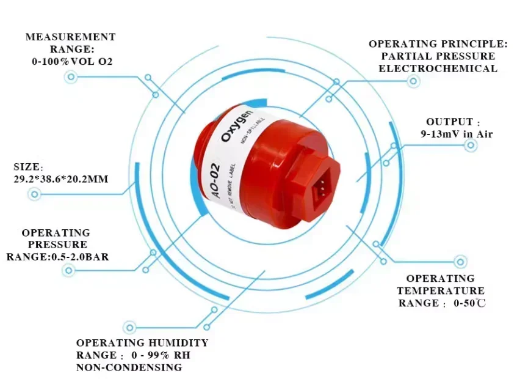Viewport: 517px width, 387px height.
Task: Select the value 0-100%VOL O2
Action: coord(72,62)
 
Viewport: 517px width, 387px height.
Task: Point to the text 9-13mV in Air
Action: coord(457,134)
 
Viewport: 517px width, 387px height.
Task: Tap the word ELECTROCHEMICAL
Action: coord(438,68)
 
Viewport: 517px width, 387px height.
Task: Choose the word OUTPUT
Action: coord(449,122)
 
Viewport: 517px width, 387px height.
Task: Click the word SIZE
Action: coord(27,166)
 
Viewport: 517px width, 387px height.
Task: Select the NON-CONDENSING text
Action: coord(129,367)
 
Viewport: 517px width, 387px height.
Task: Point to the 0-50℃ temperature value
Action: coord(469,303)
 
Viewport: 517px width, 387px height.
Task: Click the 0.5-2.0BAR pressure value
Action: coord(80,257)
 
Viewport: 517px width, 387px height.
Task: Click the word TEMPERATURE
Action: coord(441,291)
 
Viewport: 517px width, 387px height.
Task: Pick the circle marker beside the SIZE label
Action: coord(35,194)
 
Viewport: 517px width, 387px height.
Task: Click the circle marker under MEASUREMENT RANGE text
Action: coord(71,76)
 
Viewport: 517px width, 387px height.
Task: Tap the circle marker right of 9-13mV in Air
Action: coord(471,145)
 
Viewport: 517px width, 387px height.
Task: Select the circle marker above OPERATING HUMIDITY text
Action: coord(129,327)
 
